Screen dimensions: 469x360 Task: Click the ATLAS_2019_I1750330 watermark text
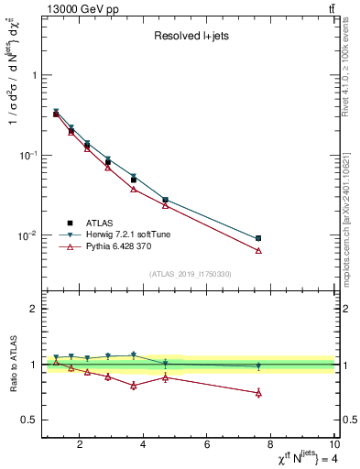(191, 274)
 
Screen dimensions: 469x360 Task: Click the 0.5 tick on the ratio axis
(30, 420)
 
